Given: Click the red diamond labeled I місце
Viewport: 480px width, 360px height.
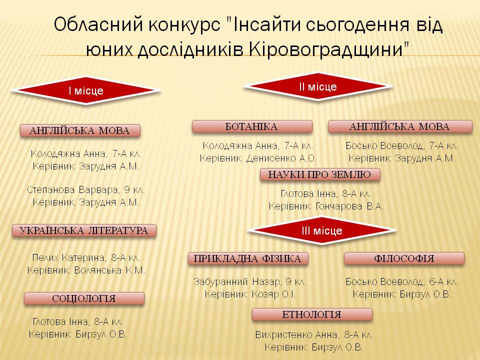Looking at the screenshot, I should coord(86,90).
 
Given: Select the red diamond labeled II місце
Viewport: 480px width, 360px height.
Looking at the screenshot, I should coord(317,86).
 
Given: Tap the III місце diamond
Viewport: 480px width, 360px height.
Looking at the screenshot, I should coord(321,230).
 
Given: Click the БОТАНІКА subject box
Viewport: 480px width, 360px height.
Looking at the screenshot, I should coord(252,126).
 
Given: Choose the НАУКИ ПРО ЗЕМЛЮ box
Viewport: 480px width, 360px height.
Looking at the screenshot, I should coord(320,174).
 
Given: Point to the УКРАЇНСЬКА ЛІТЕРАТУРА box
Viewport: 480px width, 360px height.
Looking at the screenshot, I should coord(84,230).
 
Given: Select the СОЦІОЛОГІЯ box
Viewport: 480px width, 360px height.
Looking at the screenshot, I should coord(84,298).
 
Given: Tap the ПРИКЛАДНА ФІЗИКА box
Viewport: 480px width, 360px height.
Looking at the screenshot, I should coord(248,258).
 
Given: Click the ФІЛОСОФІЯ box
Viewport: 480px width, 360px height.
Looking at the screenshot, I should coord(404,258).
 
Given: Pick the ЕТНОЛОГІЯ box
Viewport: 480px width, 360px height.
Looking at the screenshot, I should coord(312,314).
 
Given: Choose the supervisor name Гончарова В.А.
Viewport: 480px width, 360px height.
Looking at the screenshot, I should coord(349,206).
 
